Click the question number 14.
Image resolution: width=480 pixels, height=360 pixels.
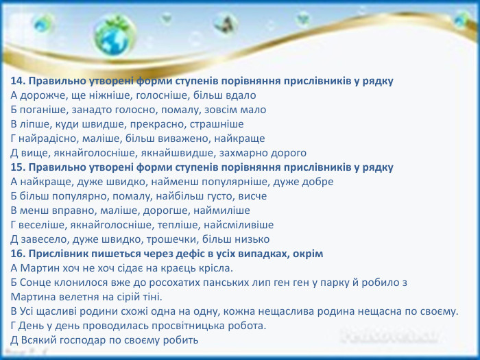(x=17, y=81)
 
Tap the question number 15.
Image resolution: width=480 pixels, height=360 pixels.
(x=17, y=167)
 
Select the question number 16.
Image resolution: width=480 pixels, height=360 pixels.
(x=17, y=254)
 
